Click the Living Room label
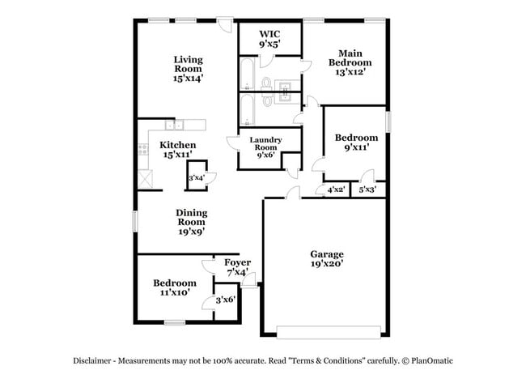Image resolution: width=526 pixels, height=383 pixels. (x=188, y=69)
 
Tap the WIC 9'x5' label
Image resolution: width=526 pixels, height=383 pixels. (x=269, y=40)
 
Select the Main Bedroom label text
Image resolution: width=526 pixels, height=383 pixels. (x=350, y=62)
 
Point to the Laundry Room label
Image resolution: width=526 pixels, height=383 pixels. (x=265, y=146)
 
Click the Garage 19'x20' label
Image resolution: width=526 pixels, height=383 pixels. (x=326, y=258)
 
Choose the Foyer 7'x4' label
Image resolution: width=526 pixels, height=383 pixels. (x=237, y=267)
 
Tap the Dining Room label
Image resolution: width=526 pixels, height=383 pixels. (x=192, y=221)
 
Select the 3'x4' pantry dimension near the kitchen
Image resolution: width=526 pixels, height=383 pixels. (x=197, y=177)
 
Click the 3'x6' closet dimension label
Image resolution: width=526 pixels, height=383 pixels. (x=225, y=300)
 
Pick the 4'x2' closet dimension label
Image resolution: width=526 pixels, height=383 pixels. (x=336, y=189)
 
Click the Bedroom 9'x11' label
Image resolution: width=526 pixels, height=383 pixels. (x=356, y=143)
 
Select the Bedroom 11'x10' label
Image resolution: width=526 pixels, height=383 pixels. (x=175, y=287)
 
